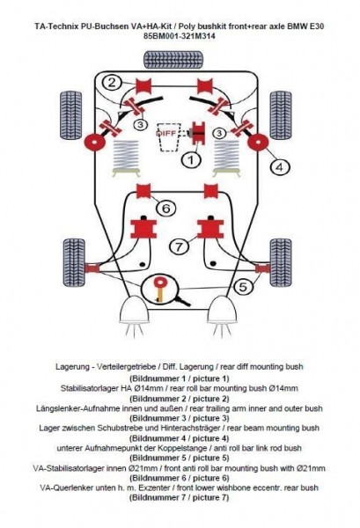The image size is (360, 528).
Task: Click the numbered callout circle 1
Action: [191, 159]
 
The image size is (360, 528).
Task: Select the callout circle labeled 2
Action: [113, 82]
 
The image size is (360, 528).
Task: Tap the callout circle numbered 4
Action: [280, 167]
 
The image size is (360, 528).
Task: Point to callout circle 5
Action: [243, 287]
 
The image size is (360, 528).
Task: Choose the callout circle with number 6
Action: [166, 209]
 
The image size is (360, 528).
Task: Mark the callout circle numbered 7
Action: [180, 246]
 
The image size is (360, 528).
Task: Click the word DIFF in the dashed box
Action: [165, 134]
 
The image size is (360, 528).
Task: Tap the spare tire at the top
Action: [173, 60]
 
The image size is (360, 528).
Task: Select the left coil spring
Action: [126, 158]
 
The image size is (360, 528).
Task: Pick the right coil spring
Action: [227, 158]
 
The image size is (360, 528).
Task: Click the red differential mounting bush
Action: [199, 134]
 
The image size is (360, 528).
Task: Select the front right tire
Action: [281, 262]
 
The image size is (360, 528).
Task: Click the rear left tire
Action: [70, 115]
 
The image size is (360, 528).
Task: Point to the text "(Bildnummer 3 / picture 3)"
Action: [180, 418]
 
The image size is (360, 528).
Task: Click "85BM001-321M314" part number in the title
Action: [180, 36]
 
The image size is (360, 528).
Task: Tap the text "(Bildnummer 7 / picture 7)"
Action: [180, 498]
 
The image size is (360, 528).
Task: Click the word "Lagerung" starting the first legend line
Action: [71, 367]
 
